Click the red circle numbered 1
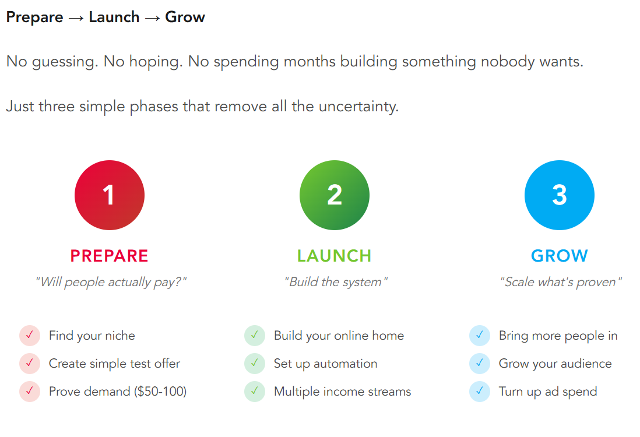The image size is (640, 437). click(110, 195)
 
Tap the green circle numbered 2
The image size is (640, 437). click(335, 195)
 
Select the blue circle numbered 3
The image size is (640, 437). click(559, 195)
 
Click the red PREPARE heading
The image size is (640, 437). click(109, 256)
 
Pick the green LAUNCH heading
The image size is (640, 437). click(335, 256)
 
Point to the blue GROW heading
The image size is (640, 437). click(559, 256)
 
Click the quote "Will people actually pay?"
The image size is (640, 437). click(111, 282)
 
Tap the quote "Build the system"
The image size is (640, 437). click(336, 282)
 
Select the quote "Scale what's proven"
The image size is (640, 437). click(561, 282)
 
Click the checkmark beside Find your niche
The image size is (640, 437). click(30, 336)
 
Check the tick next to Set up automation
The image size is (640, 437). click(255, 363)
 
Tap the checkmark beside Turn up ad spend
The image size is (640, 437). click(480, 392)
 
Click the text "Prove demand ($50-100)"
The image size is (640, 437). click(118, 392)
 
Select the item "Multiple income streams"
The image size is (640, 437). click(343, 392)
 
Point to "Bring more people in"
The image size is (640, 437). click(558, 336)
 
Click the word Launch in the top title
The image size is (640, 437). click(114, 17)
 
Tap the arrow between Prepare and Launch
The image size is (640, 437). click(76, 19)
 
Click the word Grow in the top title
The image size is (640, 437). click(185, 17)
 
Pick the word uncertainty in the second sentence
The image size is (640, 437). click(358, 107)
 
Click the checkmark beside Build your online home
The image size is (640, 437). click(255, 336)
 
